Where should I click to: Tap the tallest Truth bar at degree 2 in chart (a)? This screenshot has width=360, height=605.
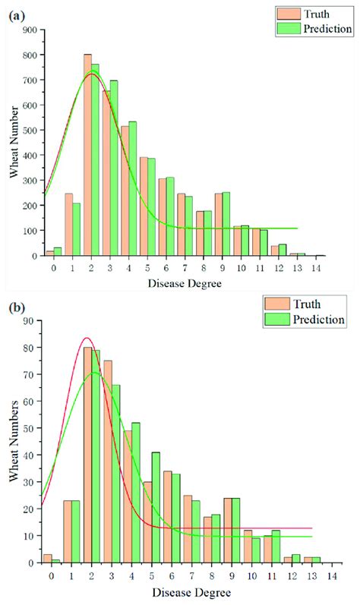click(x=88, y=156)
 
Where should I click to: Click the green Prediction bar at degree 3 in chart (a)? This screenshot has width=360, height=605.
click(x=114, y=168)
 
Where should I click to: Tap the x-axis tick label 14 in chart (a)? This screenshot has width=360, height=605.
click(x=320, y=268)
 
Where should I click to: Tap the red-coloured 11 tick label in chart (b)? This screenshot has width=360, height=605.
click(x=271, y=575)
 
